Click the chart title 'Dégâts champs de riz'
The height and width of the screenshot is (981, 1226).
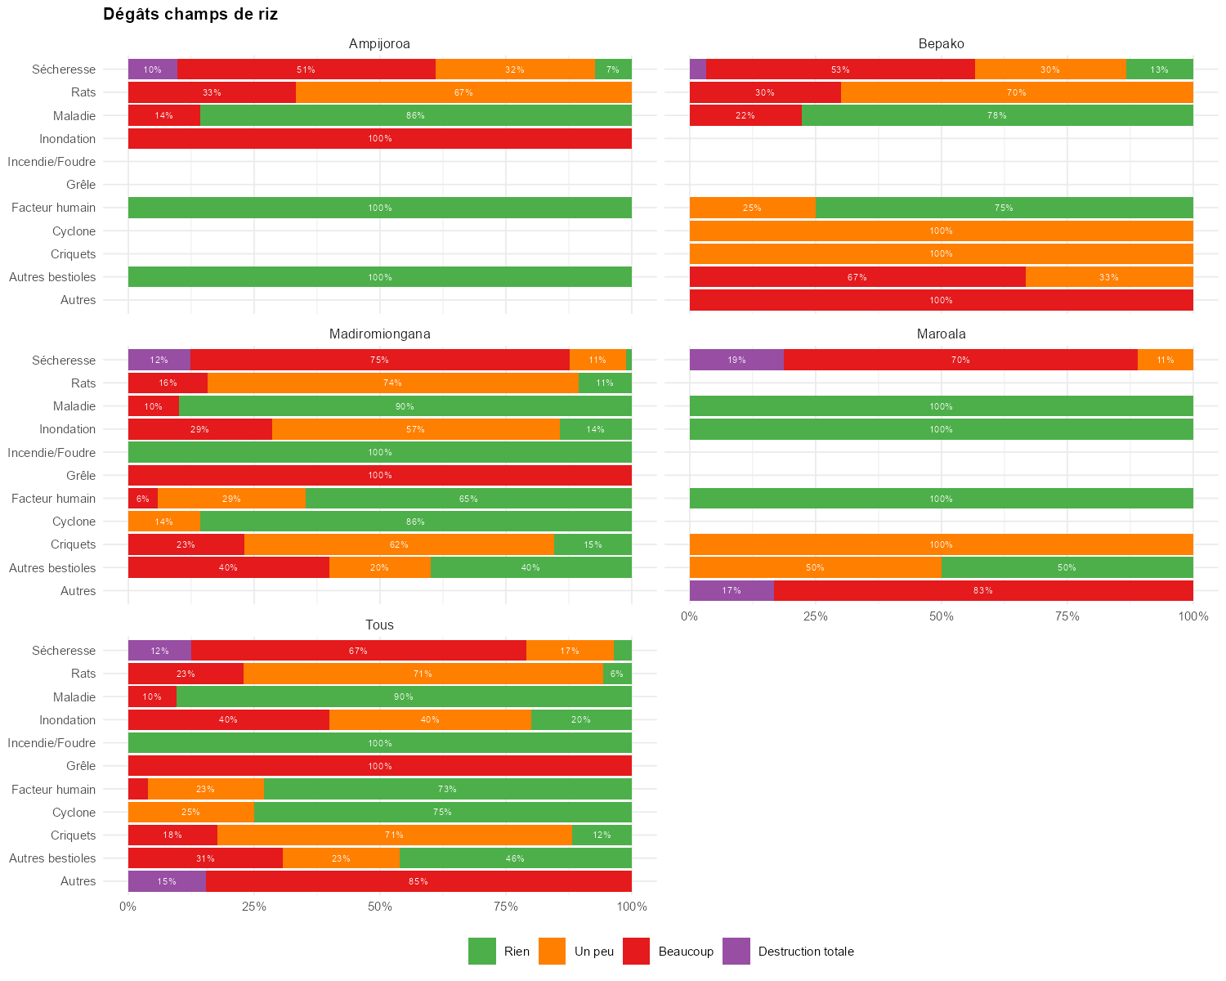[190, 15]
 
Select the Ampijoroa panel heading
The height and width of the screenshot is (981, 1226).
[379, 43]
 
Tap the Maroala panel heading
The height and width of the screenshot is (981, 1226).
[941, 334]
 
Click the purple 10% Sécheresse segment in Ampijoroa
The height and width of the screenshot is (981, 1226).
[153, 69]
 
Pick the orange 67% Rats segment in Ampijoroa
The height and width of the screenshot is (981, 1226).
[463, 92]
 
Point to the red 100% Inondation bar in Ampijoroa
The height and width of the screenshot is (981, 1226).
[379, 139]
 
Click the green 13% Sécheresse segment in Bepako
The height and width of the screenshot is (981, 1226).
[1159, 69]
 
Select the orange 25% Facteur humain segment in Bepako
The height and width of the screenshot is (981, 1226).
[752, 208]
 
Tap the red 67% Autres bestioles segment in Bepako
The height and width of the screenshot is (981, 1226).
[857, 277]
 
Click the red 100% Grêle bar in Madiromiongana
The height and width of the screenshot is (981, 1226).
[379, 475]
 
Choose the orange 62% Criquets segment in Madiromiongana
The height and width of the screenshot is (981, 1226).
[399, 544]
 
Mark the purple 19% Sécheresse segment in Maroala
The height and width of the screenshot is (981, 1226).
[736, 360]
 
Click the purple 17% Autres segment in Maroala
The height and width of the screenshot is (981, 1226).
[732, 590]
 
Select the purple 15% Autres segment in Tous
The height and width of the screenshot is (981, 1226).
[167, 881]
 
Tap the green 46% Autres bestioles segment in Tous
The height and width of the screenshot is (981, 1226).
[515, 858]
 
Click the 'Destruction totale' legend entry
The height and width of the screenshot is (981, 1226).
[805, 952]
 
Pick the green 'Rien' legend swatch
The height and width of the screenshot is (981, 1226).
[482, 952]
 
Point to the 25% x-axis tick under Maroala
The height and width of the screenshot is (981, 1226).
[816, 616]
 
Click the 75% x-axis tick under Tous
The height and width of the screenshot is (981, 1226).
[506, 907]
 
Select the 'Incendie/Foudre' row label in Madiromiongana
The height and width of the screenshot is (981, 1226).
[51, 452]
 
